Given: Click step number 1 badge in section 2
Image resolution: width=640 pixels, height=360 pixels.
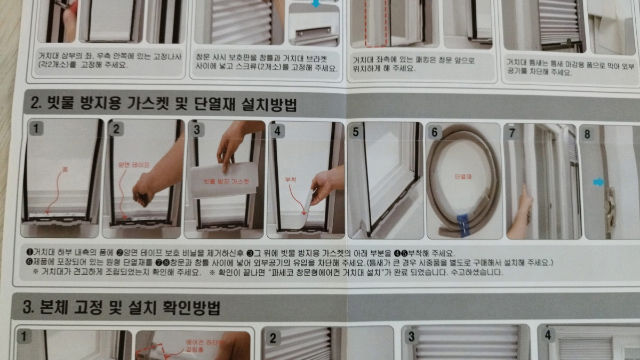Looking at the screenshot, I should tap(36, 129).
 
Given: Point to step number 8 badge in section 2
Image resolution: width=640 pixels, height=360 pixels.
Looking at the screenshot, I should tap(587, 134).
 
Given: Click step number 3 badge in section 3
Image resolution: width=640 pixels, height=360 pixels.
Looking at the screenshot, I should tap(411, 337).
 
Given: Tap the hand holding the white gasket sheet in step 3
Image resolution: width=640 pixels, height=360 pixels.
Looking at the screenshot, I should tap(231, 144).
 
